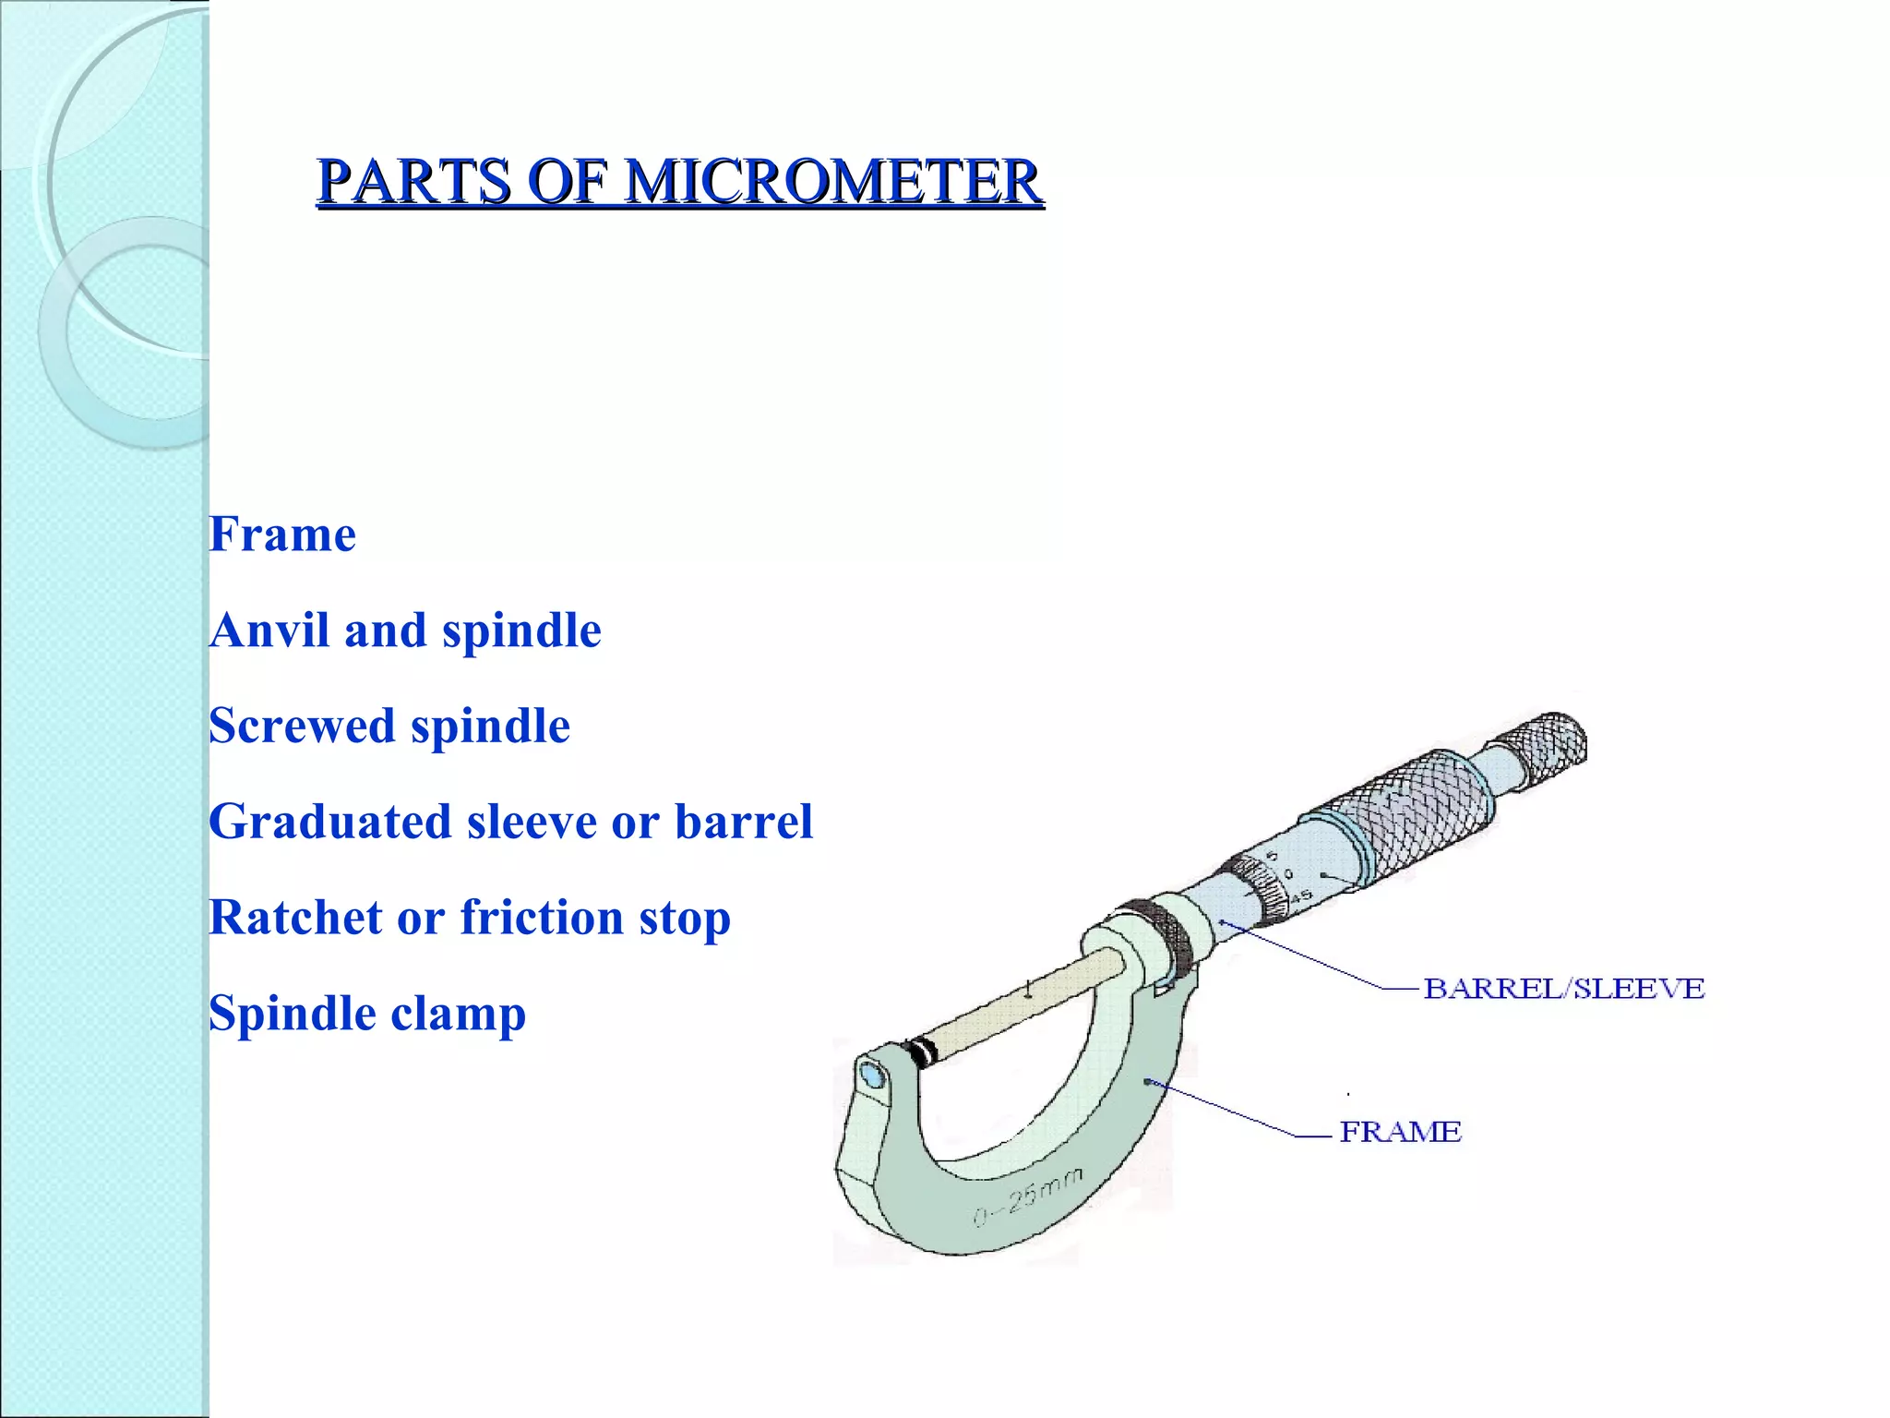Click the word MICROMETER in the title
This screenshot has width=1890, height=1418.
point(833,181)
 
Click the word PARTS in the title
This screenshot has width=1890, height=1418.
point(414,181)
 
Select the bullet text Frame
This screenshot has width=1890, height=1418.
point(282,535)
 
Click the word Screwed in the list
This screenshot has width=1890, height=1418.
point(302,726)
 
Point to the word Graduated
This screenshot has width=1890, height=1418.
point(329,822)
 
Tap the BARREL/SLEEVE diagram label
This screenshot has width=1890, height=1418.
point(1563,989)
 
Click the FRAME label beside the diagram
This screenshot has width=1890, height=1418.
point(1400,1132)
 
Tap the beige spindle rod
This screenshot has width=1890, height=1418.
point(1024,1002)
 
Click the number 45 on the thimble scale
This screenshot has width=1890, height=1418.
point(1300,895)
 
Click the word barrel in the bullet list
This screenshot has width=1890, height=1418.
point(743,822)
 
